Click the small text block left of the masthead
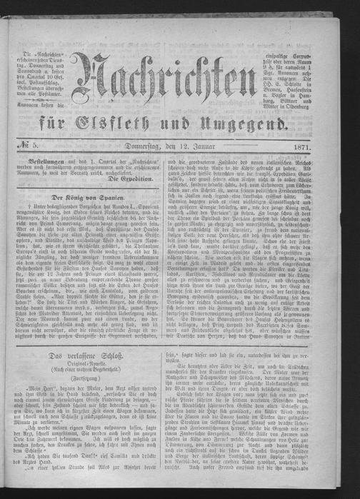coord(48,69)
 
